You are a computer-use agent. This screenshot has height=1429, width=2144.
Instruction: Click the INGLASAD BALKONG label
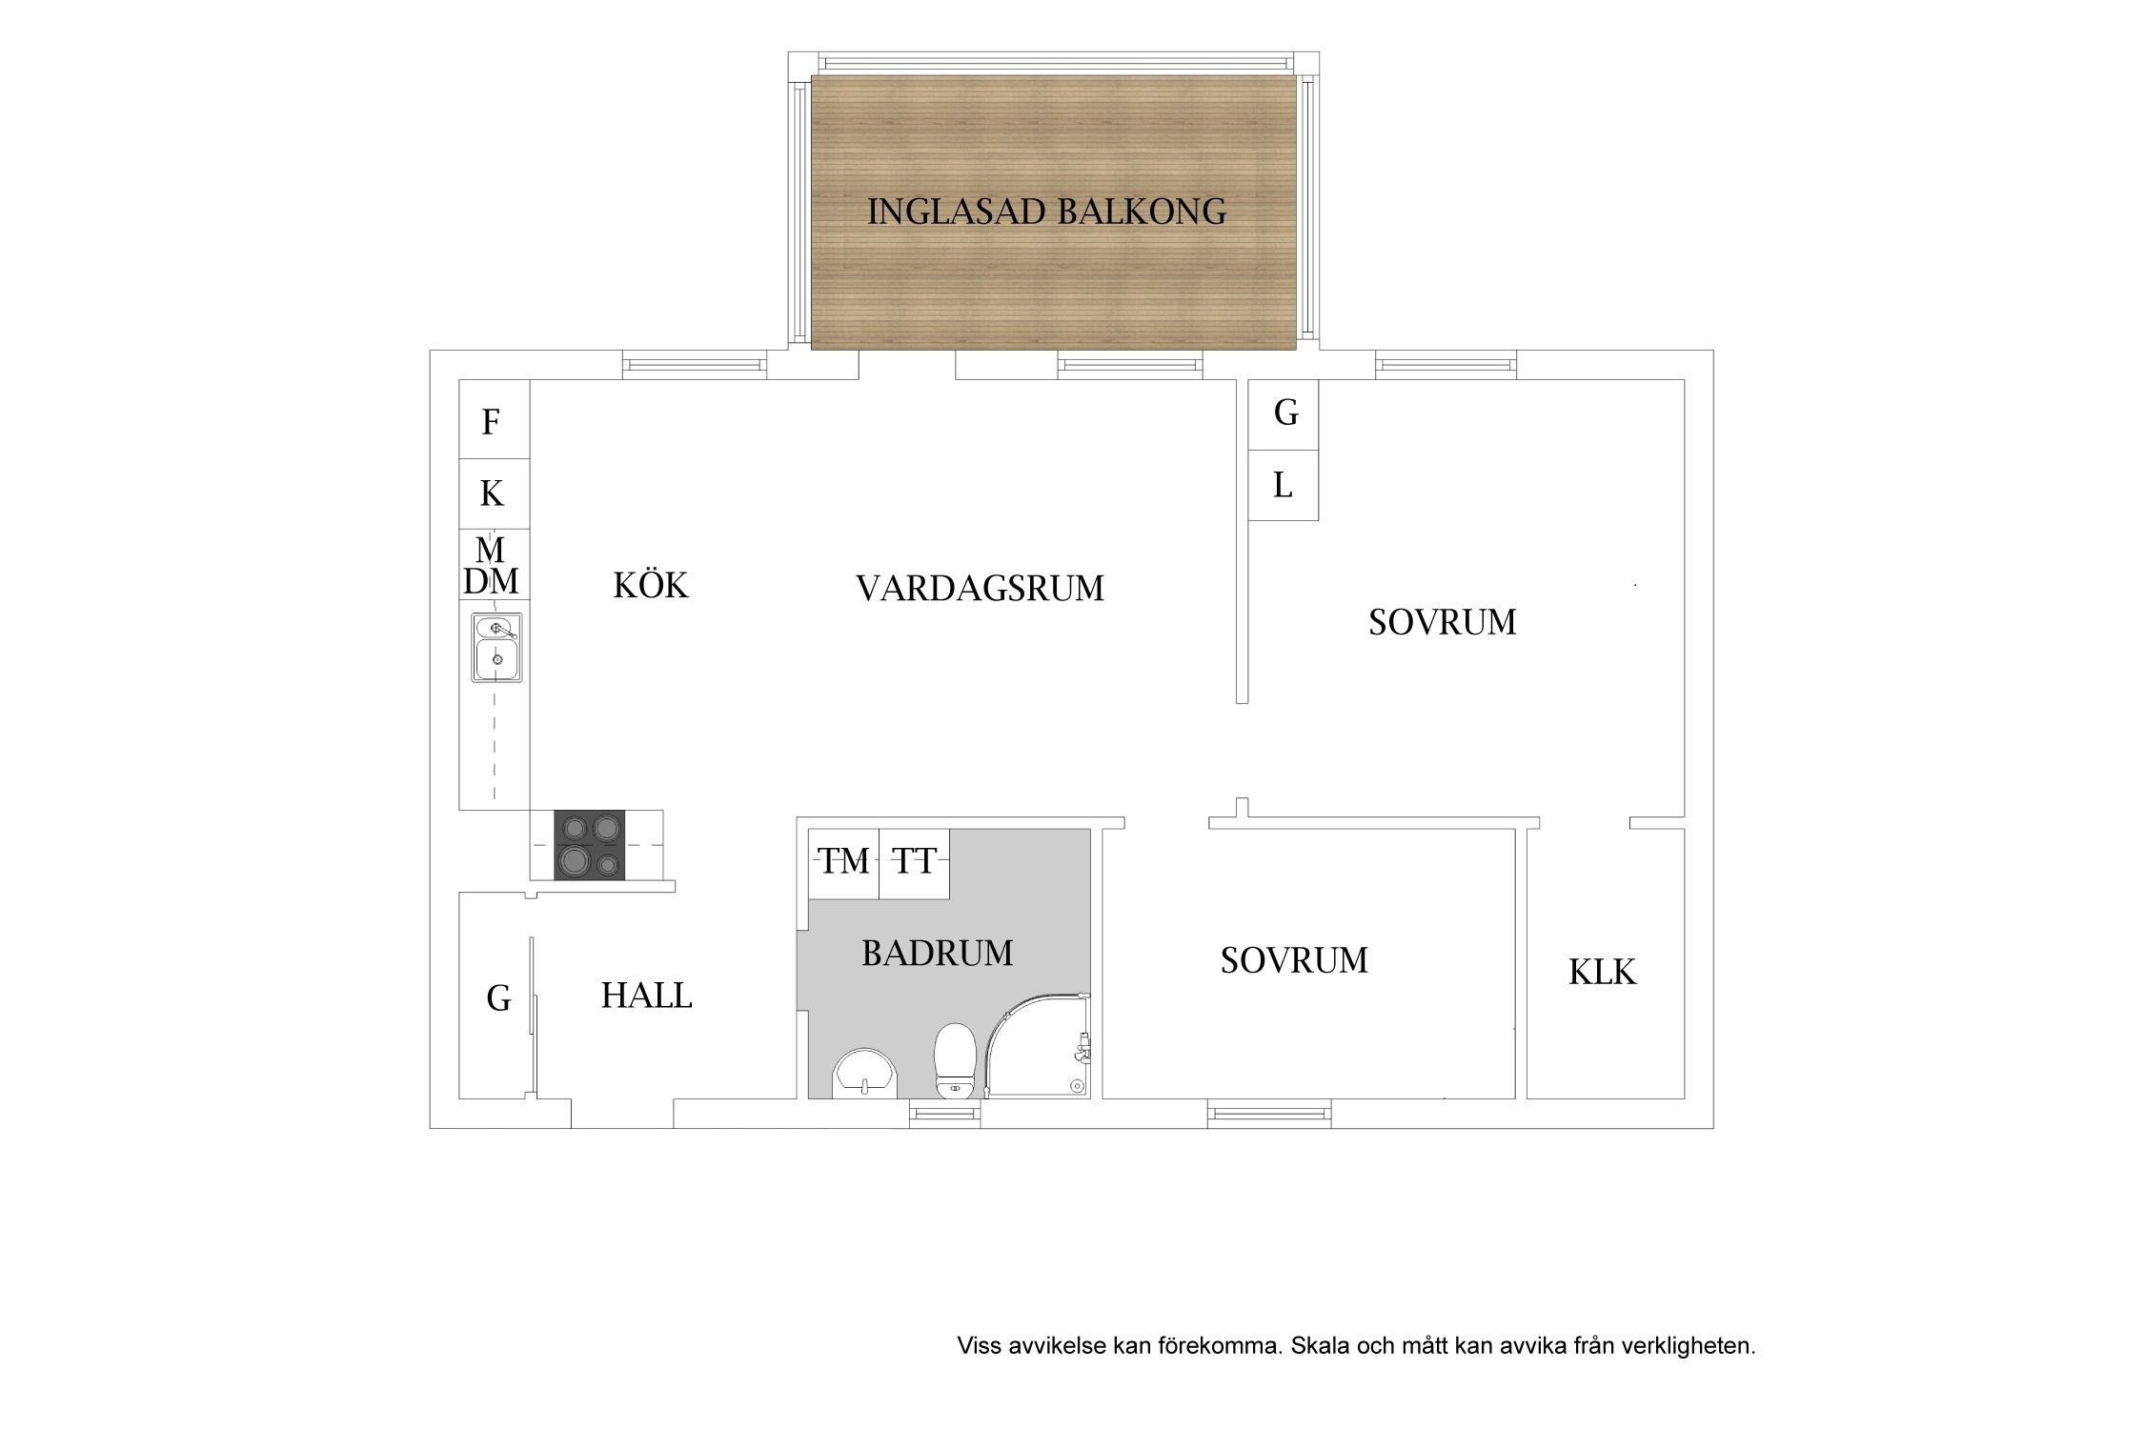click(1046, 211)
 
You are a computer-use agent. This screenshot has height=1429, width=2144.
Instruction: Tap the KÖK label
click(651, 585)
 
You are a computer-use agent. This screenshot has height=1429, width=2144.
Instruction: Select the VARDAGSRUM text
click(980, 589)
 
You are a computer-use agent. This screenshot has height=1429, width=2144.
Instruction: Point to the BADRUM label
click(938, 954)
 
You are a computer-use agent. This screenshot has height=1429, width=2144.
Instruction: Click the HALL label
click(646, 996)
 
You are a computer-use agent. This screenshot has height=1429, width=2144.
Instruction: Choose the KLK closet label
click(1602, 973)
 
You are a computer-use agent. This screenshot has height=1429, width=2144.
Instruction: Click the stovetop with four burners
click(590, 845)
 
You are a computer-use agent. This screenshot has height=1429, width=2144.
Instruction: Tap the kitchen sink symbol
click(496, 648)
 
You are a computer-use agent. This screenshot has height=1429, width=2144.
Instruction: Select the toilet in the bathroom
click(954, 1061)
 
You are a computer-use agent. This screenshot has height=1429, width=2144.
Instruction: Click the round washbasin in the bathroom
click(865, 1075)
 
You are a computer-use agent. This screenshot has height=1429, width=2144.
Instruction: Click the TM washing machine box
click(844, 864)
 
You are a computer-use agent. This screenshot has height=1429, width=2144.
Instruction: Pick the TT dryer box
click(915, 864)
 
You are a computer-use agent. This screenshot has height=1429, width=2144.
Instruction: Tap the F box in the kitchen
click(495, 420)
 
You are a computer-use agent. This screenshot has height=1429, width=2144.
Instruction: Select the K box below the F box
click(495, 494)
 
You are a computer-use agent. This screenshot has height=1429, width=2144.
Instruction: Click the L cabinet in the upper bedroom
click(1284, 486)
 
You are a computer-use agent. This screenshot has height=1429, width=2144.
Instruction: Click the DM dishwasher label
click(491, 581)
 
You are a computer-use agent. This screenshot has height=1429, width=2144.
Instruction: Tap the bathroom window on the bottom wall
click(944, 1114)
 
